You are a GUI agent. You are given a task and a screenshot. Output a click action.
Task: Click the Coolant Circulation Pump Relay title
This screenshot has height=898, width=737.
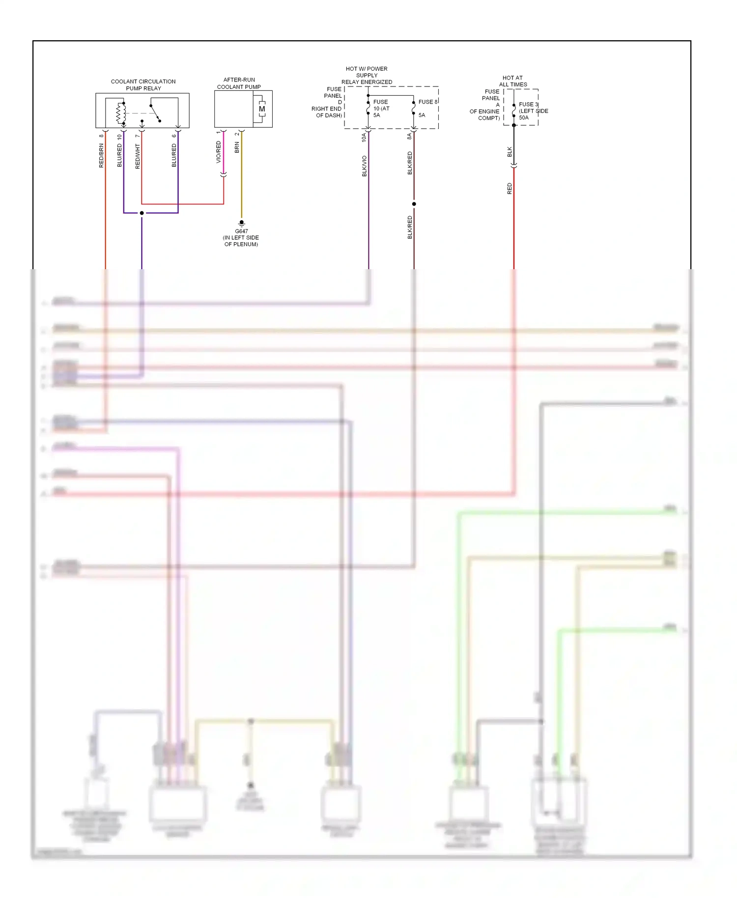(143, 85)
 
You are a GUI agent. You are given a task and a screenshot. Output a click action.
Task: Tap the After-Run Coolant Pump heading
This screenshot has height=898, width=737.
(239, 83)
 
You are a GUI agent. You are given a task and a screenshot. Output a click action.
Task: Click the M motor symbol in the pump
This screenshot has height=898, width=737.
(262, 109)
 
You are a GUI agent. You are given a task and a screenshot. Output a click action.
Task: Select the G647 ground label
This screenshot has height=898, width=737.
(241, 231)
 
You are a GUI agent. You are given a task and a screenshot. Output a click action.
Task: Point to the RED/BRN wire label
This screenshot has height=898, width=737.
(101, 156)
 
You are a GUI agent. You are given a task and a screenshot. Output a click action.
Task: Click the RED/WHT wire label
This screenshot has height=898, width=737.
(138, 157)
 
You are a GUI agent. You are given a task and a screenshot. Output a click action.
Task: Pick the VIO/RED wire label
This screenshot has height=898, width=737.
(219, 152)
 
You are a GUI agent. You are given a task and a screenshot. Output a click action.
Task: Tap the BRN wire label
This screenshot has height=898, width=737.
(237, 147)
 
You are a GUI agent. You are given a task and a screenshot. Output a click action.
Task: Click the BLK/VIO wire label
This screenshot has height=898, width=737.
(364, 166)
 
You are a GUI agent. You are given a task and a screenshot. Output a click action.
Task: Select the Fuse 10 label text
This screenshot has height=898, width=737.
(381, 109)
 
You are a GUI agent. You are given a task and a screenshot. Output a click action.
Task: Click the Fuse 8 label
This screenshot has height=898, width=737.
(427, 102)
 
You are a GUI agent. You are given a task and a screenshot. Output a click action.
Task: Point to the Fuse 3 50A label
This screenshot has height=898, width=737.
(532, 111)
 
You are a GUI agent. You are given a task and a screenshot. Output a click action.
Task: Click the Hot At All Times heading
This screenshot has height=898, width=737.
(512, 81)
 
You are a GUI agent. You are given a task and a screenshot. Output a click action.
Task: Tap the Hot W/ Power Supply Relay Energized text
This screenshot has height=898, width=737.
(367, 75)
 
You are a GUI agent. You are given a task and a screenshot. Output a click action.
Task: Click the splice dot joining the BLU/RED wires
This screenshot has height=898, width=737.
(142, 213)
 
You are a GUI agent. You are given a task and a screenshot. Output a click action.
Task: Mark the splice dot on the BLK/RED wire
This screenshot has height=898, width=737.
(414, 204)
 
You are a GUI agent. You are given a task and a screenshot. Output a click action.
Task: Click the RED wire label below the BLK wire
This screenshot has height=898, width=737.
(510, 189)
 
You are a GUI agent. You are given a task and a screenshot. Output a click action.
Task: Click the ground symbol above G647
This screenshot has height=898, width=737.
(241, 223)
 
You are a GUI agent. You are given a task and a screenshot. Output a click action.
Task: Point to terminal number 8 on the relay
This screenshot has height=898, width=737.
(101, 136)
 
